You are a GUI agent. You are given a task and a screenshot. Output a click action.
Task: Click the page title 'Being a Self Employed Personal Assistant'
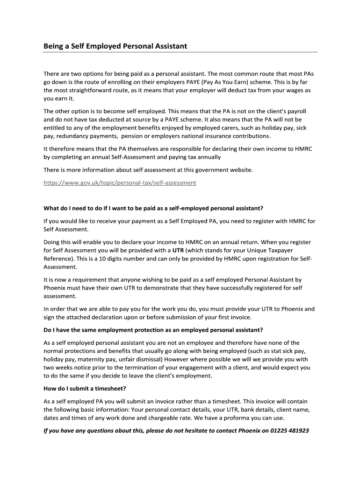[115, 46]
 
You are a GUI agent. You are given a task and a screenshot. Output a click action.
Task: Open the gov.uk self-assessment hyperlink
[120, 182]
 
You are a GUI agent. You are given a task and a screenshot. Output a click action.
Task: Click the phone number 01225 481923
[289, 430]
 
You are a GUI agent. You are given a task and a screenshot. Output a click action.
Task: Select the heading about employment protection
[153, 330]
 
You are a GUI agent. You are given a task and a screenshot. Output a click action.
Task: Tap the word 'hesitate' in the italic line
[181, 430]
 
